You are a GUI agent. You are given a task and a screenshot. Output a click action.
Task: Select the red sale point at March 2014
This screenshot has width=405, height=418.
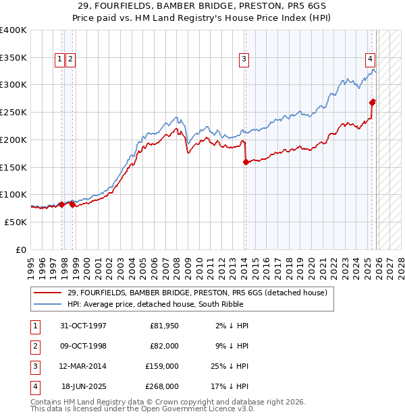(x=246, y=162)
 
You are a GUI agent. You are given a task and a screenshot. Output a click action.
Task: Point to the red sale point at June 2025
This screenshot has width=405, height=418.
(x=373, y=102)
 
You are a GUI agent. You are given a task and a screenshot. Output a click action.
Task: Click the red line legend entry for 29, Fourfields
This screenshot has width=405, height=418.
(x=197, y=293)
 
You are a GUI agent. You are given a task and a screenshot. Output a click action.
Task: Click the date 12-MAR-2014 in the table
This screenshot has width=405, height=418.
(x=84, y=367)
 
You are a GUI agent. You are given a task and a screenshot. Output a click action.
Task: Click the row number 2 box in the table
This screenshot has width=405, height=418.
(x=32, y=347)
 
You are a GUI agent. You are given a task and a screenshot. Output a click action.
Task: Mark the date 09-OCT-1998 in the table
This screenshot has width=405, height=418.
(x=84, y=347)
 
